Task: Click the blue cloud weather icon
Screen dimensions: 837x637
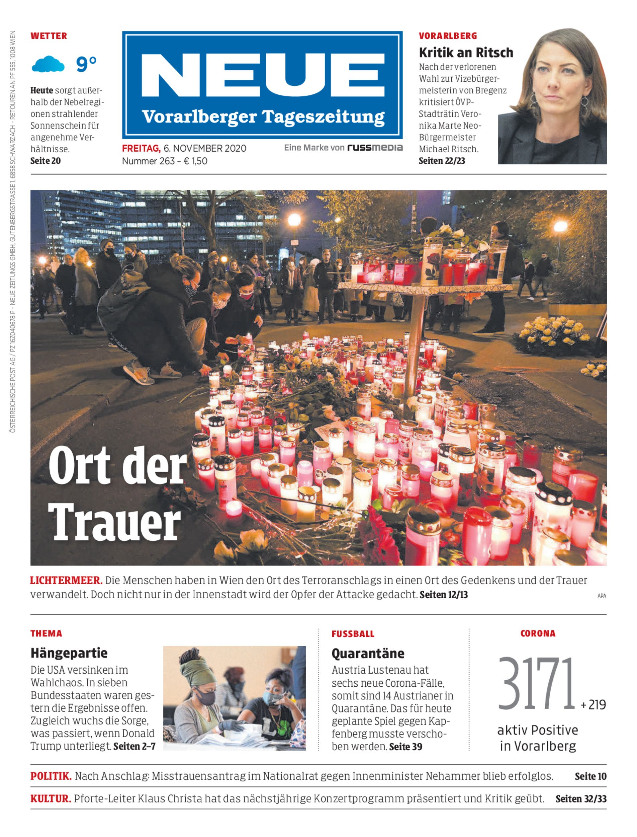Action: pyautogui.click(x=48, y=64)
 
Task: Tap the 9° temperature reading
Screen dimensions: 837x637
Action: pyautogui.click(x=86, y=64)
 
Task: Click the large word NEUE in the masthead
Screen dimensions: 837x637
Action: pyautogui.click(x=262, y=76)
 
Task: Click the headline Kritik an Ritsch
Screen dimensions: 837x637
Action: pyautogui.click(x=466, y=53)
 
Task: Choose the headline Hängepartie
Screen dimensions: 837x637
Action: pyautogui.click(x=69, y=653)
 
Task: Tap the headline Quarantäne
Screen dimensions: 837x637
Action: pyautogui.click(x=367, y=653)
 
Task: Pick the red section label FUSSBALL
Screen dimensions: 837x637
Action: pyautogui.click(x=353, y=634)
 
